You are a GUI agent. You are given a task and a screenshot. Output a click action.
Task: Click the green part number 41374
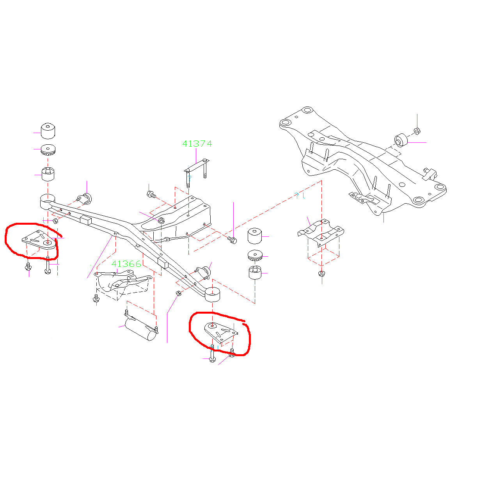point(197,144)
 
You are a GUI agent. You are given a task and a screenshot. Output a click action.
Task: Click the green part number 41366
point(126,264)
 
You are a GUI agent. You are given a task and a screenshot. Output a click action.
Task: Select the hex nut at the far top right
point(417,131)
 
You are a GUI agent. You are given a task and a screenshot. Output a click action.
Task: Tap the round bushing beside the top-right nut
point(401,140)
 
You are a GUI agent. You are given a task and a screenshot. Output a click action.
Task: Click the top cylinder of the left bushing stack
point(48,131)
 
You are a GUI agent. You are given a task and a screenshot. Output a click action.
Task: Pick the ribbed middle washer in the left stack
point(48,150)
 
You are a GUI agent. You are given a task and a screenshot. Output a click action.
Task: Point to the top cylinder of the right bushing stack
point(255,236)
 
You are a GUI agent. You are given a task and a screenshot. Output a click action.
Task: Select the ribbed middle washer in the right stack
point(255,255)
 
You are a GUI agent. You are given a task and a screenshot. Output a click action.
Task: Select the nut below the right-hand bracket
point(322,273)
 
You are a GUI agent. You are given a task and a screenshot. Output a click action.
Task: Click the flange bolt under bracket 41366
point(96,298)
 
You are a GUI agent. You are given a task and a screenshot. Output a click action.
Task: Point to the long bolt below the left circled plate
point(48,265)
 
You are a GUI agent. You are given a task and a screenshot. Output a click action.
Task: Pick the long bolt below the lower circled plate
point(212,353)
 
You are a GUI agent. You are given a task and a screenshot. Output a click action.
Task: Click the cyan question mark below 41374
point(190,178)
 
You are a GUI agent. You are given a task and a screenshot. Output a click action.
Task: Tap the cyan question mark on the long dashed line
point(296,195)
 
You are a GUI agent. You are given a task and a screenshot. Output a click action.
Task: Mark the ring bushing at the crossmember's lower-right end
point(212,295)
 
